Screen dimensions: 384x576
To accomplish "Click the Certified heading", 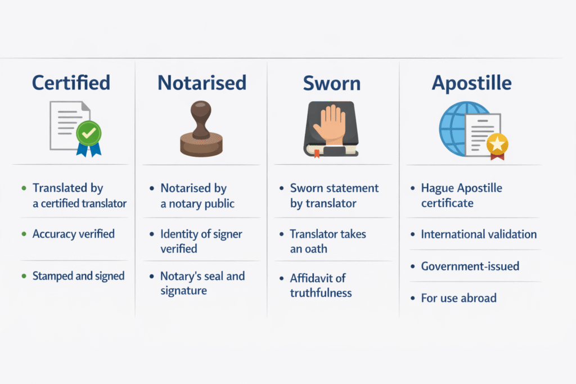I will pos(71,83).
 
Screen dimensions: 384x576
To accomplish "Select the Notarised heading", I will pos(201,83).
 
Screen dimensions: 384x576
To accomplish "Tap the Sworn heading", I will pos(331,83).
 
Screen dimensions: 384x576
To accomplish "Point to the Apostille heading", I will pos(471,83).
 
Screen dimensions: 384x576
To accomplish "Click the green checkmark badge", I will pos(88,133).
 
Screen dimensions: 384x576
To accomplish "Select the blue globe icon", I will pos(457,128).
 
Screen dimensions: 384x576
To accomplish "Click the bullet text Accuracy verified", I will pos(74,234).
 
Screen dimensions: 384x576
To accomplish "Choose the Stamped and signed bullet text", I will pos(78,276).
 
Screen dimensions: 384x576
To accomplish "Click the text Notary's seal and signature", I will pos(202,283).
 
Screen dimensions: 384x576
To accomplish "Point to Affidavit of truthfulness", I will pos(321,285).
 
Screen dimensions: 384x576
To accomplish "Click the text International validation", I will pos(479,234).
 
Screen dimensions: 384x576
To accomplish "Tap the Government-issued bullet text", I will pos(470,266).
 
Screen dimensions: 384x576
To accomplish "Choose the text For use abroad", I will pos(458,298).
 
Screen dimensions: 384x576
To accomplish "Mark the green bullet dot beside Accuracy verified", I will pos(23,234).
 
